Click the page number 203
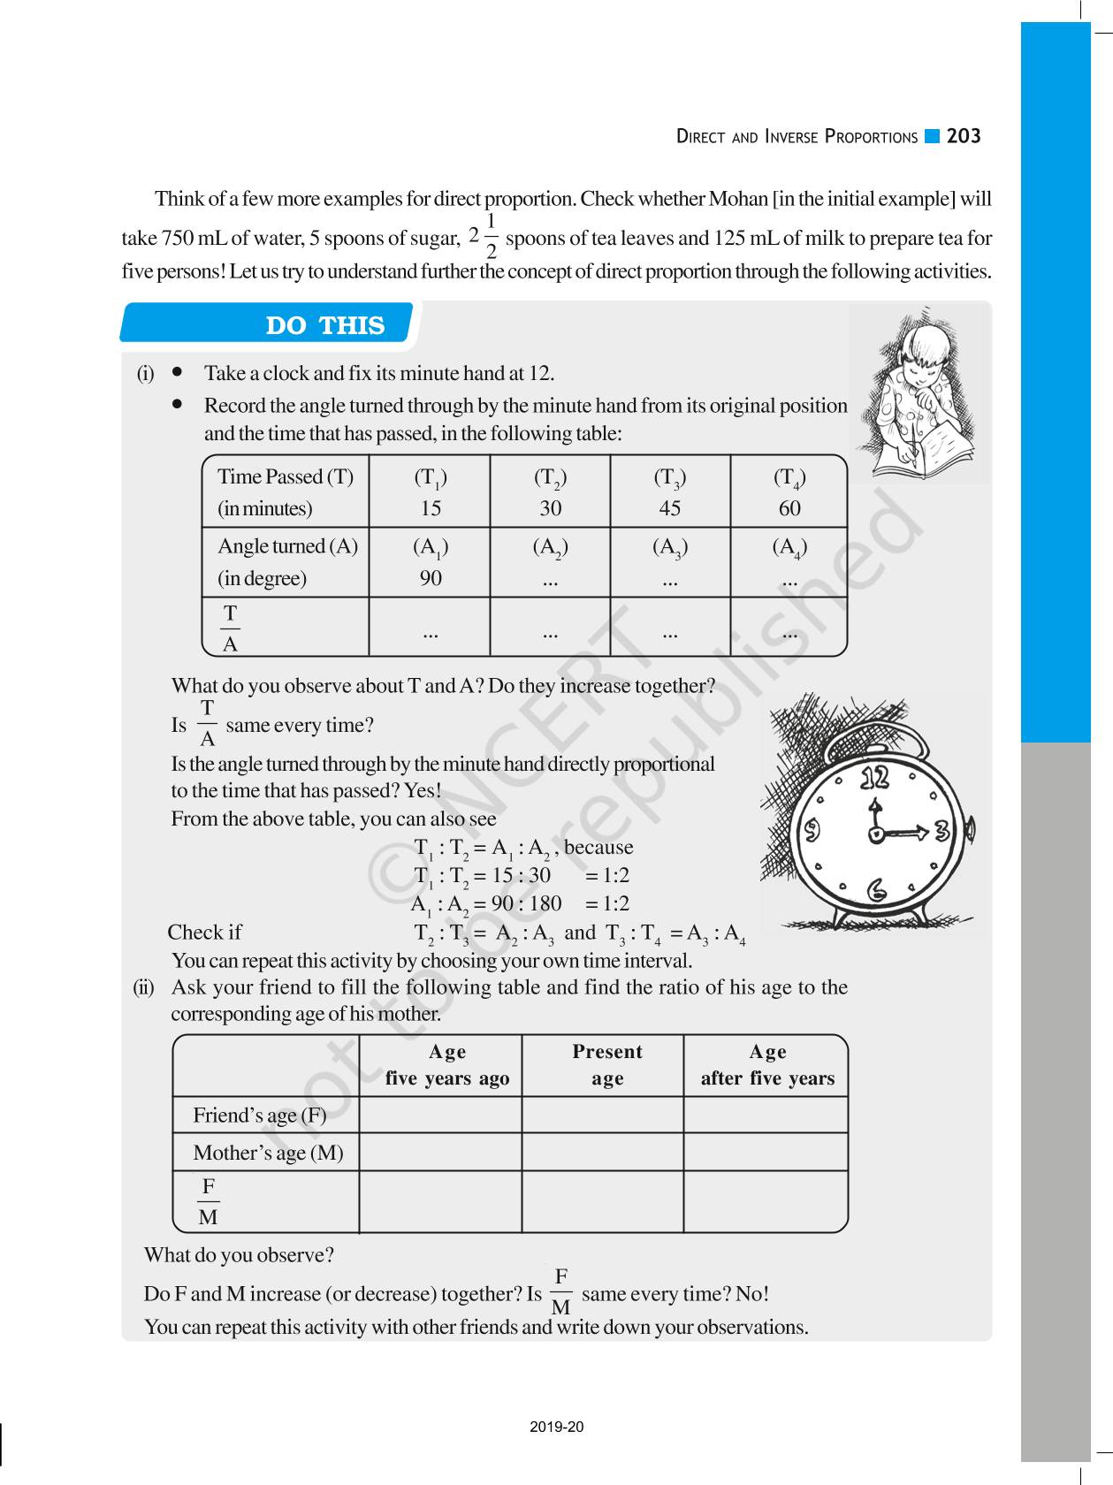click(964, 136)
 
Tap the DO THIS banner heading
click(325, 325)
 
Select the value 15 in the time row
click(431, 508)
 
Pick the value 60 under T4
click(789, 508)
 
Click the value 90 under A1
click(431, 578)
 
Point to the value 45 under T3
click(670, 508)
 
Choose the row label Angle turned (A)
click(287, 546)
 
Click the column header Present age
click(606, 1064)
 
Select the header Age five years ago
click(447, 1064)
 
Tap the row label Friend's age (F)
click(260, 1116)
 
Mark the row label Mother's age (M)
click(268, 1153)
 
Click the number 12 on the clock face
click(875, 778)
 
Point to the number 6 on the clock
click(877, 889)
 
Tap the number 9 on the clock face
click(811, 831)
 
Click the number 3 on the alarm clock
click(942, 831)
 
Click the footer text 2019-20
click(557, 1427)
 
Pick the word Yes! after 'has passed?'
click(423, 791)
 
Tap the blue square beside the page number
click(932, 136)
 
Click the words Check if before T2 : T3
click(204, 933)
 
